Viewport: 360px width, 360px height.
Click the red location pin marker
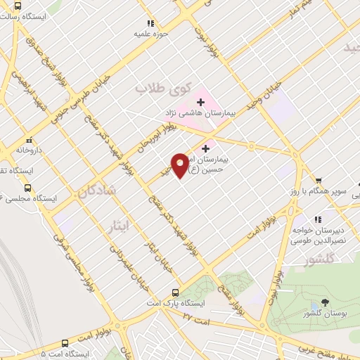(180, 165)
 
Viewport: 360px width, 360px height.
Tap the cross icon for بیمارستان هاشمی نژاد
(200, 103)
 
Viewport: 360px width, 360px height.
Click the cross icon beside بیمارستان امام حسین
(205, 148)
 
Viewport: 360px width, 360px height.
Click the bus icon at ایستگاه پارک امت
(175, 292)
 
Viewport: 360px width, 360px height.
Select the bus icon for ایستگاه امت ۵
(65, 344)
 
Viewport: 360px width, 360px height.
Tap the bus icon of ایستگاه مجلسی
(28, 188)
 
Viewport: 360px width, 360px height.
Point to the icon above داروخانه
(29, 140)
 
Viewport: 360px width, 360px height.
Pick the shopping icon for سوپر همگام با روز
(320, 181)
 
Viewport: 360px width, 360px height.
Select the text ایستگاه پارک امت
(148, 303)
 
